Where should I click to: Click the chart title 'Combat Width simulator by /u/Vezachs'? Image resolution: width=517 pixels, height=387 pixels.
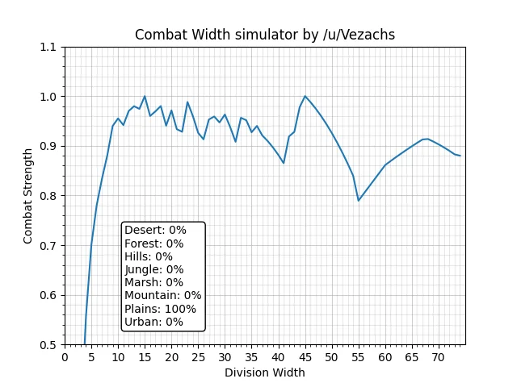click(x=265, y=35)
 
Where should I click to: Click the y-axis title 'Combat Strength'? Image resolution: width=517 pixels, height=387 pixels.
click(x=28, y=195)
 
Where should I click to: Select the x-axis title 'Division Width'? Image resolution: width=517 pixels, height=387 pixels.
click(x=265, y=372)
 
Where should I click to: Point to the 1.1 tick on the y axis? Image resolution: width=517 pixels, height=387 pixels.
click(x=50, y=48)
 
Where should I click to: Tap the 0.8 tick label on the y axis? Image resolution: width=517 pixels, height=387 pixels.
click(x=50, y=196)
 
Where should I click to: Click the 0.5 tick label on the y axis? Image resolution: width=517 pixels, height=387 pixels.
click(x=50, y=344)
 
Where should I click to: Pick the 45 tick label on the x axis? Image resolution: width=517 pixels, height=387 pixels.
click(x=305, y=356)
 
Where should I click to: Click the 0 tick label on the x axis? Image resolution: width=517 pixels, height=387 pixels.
click(x=65, y=356)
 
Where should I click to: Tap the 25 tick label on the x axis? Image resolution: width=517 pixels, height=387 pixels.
click(x=198, y=356)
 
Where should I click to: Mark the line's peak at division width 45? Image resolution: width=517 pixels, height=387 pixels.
click(x=305, y=96)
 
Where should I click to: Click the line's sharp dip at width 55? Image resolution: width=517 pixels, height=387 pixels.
click(x=359, y=201)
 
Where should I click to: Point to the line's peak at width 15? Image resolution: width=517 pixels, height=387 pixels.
click(x=145, y=96)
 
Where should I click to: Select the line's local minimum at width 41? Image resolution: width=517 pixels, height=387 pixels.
click(x=284, y=163)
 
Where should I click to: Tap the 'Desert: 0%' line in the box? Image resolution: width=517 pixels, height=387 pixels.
click(x=155, y=230)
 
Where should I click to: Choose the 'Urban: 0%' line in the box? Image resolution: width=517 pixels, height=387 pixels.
click(x=153, y=322)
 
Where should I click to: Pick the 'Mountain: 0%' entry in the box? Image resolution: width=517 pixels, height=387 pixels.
click(x=162, y=295)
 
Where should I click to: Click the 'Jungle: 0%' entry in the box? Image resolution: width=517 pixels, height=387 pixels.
click(x=153, y=269)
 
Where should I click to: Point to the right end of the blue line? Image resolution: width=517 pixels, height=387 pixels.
click(x=460, y=156)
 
